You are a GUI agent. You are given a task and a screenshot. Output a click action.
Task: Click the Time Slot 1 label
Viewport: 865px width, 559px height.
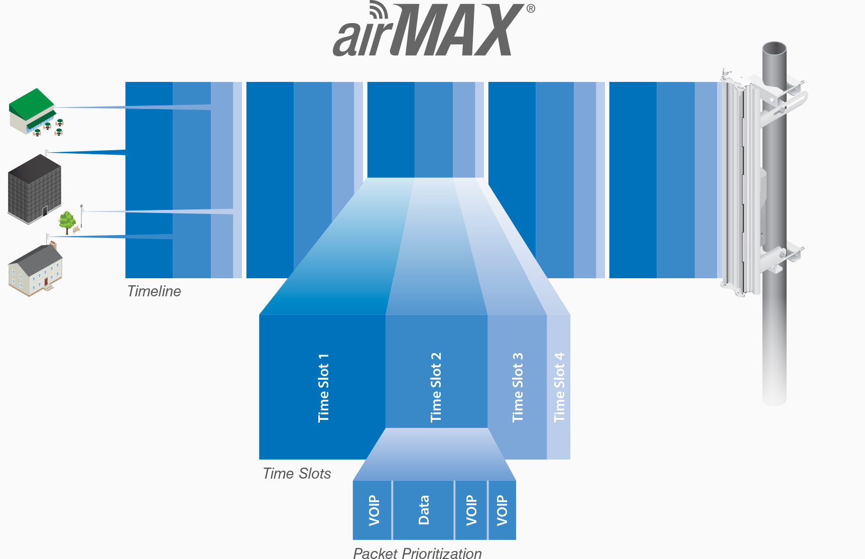[324, 388]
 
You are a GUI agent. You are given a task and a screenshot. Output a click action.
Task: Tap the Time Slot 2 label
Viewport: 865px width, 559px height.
[436, 387]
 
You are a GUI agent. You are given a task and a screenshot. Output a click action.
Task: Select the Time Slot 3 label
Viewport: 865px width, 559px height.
[518, 387]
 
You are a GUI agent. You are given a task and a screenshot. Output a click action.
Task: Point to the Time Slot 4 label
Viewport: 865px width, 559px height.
[559, 387]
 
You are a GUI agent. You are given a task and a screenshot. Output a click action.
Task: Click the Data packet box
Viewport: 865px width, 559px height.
[423, 510]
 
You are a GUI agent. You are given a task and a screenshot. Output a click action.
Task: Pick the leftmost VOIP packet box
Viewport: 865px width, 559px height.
[372, 510]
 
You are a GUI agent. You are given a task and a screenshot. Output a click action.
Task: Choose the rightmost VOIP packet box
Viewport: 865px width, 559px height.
[502, 510]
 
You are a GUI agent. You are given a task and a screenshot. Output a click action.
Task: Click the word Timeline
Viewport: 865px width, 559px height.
[154, 291]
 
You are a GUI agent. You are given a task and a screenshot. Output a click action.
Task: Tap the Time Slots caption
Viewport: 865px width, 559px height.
[297, 474]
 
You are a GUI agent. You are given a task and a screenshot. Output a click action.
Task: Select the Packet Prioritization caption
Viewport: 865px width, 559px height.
[417, 553]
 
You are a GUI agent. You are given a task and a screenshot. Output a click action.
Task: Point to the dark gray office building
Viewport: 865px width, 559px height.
[35, 189]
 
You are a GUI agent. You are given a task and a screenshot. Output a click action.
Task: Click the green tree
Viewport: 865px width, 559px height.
[67, 222]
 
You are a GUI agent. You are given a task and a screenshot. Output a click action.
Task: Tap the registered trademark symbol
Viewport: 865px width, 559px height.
[531, 8]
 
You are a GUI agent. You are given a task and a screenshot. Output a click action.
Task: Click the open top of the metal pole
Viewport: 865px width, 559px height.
[774, 49]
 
